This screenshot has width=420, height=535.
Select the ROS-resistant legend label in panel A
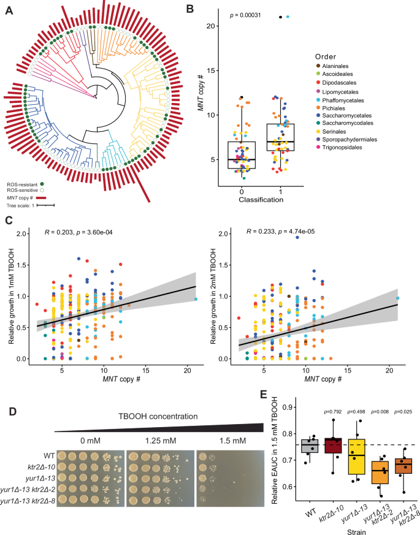click(x=25, y=183)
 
